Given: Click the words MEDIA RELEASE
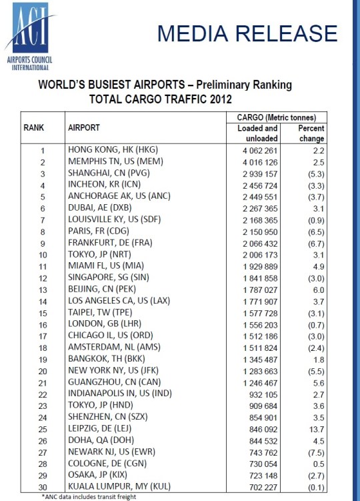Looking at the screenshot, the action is [x=247, y=33].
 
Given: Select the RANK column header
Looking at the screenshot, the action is [x=35, y=127].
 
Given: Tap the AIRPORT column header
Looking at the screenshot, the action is [x=84, y=127].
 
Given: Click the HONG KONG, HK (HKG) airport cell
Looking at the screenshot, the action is [x=114, y=149].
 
